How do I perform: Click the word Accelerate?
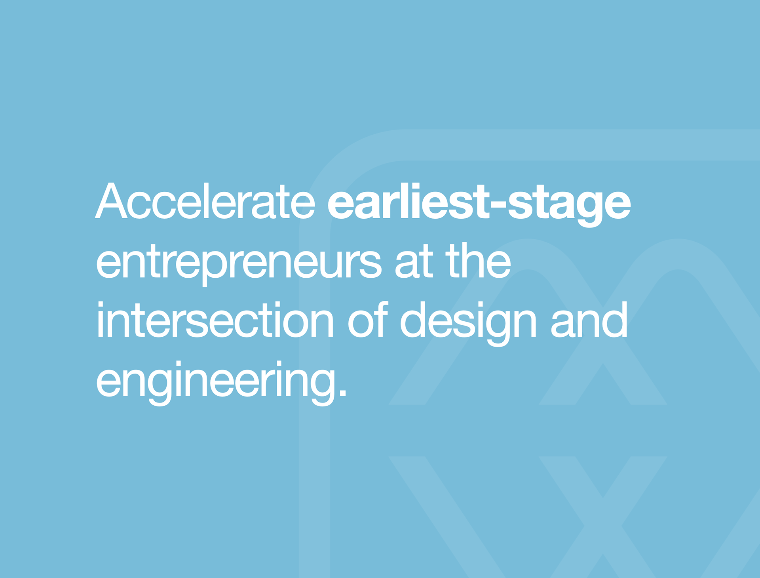205,201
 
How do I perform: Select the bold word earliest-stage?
479,204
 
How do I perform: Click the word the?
478,260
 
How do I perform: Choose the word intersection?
215,319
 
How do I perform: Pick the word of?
367,319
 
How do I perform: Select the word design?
468,323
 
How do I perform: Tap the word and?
589,319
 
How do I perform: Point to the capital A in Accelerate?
111,201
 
